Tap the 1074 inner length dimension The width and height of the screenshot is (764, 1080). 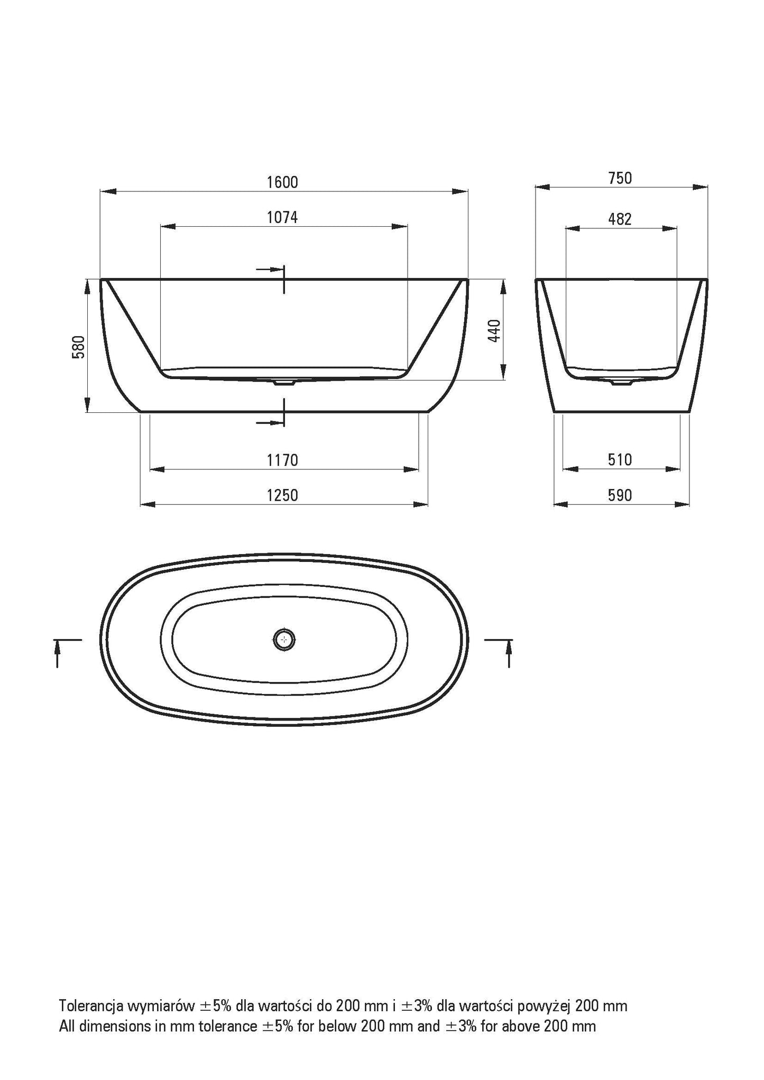282,217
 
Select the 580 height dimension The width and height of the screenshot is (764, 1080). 79,347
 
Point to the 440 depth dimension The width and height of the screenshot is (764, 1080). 494,330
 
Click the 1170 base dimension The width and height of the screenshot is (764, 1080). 283,460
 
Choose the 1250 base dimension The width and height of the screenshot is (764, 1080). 283,495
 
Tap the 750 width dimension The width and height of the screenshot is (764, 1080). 620,178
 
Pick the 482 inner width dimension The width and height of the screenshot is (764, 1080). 620,219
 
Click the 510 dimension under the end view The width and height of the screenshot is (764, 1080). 620,460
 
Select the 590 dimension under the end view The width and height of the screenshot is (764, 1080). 620,495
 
